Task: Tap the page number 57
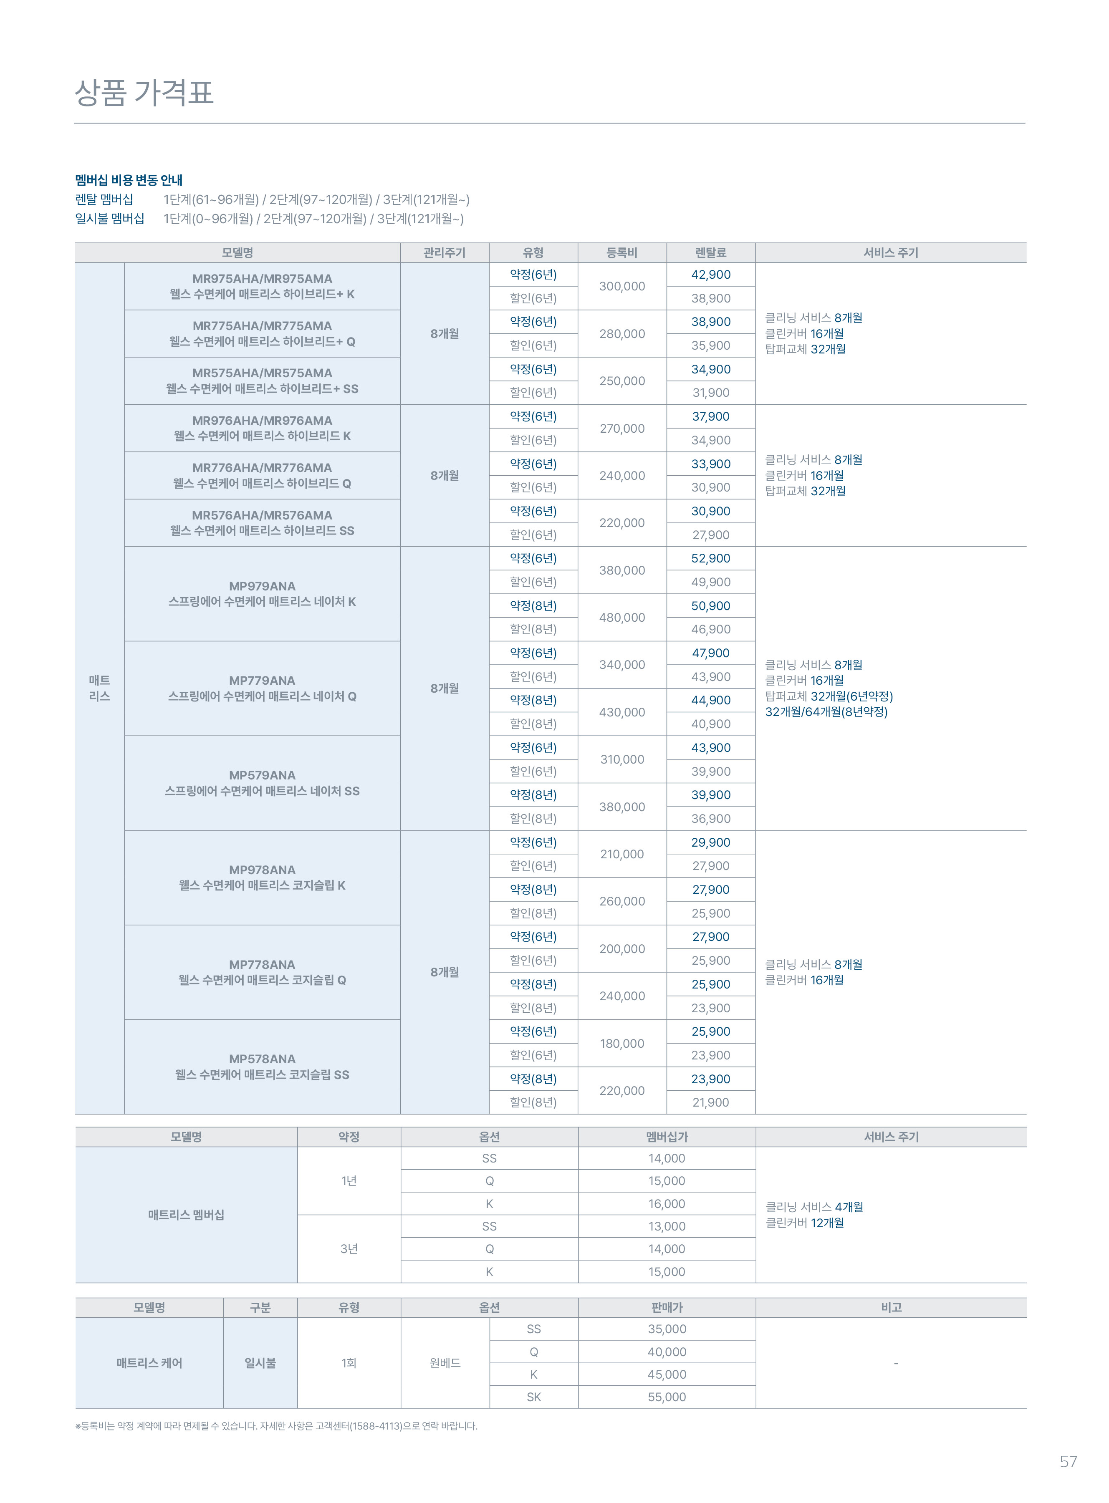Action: (1068, 1461)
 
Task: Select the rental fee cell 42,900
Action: (710, 275)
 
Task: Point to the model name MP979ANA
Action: (262, 586)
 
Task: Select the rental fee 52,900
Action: (710, 558)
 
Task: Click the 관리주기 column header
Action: (445, 253)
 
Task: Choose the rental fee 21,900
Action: (710, 1102)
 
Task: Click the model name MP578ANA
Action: (262, 1059)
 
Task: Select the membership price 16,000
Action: (667, 1204)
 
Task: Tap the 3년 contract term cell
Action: (349, 1249)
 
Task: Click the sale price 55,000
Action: (667, 1397)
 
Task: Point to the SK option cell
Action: (534, 1397)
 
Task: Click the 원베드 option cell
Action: (445, 1363)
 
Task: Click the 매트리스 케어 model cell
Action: (149, 1363)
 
